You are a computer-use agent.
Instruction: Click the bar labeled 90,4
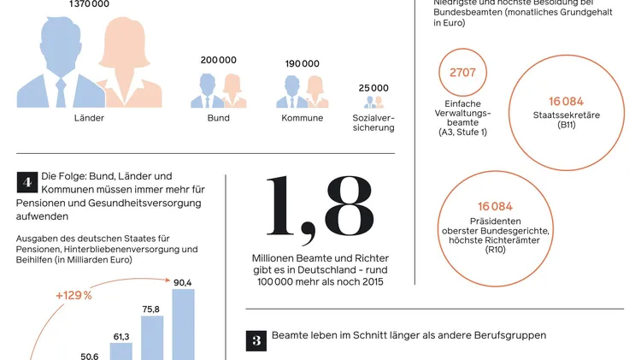pos(183,325)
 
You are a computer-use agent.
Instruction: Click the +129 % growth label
pos(74,294)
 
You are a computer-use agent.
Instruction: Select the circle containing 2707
pos(462,73)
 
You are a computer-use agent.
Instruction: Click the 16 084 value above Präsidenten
pos(495,207)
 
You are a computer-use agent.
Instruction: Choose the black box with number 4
pos(26,182)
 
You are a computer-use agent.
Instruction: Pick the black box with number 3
pos(256,339)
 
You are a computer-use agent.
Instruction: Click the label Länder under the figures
pos(89,118)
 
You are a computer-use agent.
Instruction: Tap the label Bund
pos(218,118)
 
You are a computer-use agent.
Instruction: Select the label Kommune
pos(302,118)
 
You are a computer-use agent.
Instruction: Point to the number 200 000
pos(219,61)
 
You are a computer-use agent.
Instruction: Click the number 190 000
pos(302,64)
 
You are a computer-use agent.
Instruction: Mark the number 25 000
pos(373,88)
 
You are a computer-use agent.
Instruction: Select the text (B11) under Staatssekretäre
pos(567,125)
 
